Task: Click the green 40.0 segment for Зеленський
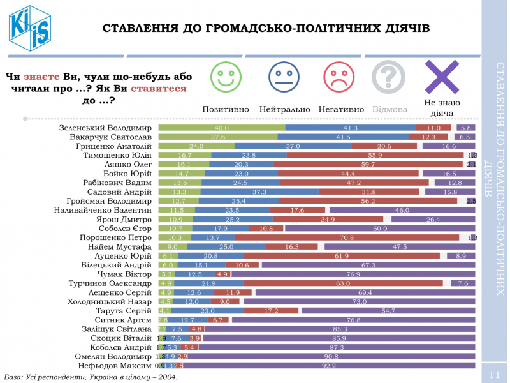221,128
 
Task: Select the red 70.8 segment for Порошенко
347,237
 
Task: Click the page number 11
494,373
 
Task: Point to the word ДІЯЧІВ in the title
402,28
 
